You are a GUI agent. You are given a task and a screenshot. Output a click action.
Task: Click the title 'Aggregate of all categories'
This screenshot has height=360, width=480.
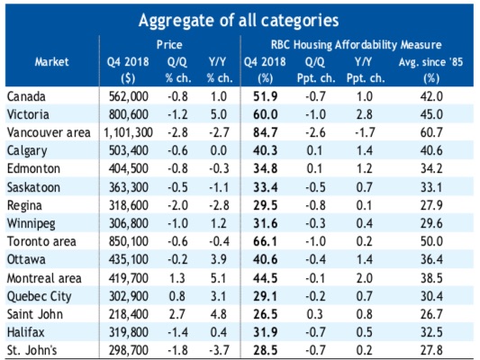pos(239,21)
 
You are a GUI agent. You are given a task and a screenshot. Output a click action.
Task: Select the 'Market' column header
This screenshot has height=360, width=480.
pos(51,62)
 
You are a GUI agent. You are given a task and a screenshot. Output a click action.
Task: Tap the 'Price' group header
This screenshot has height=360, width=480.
pos(169,45)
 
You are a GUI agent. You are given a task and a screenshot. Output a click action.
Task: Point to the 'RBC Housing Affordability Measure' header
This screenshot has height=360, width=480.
pos(356,45)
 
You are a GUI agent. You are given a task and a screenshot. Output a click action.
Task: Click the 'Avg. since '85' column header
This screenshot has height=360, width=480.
pos(430,62)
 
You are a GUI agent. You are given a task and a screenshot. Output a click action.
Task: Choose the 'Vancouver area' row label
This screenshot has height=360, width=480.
pos(49,132)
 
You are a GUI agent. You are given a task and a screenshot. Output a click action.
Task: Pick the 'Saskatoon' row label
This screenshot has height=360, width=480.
pos(33,187)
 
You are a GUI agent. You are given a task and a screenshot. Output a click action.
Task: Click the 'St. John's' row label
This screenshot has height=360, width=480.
pos(32,350)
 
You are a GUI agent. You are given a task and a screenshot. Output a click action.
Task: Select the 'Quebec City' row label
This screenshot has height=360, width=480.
pos(40,296)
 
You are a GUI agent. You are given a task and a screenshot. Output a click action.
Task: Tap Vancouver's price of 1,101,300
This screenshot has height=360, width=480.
pos(128,132)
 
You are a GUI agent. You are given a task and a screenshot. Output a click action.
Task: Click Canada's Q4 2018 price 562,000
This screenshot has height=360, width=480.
pos(129,96)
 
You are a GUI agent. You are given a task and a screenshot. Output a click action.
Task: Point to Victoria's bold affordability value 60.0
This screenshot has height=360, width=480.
pos(266,114)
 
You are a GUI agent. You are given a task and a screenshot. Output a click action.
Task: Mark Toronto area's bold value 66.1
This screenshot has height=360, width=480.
pos(265,241)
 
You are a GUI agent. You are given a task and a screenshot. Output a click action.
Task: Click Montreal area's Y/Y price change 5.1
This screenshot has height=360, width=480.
pos(218,278)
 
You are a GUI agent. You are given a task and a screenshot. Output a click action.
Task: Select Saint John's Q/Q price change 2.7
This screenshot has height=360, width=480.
pos(177,314)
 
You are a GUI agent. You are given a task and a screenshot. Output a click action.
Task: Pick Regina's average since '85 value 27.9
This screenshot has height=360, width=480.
pos(431,205)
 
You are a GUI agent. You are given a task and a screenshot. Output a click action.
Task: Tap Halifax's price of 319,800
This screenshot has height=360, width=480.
pos(129,332)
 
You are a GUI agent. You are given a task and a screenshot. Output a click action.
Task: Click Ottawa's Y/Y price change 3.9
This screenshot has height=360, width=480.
pos(218,260)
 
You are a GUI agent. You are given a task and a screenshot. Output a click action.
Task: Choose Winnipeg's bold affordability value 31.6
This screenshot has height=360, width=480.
pos(266,223)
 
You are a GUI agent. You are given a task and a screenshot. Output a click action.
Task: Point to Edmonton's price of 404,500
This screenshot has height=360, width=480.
pos(129,169)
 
